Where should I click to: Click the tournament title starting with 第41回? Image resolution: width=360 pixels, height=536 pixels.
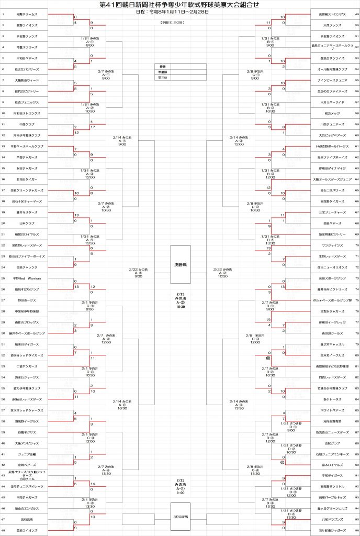(179, 4)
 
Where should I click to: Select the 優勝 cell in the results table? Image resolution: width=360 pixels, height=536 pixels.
(162, 66)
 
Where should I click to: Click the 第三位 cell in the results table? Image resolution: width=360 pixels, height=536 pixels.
(162, 77)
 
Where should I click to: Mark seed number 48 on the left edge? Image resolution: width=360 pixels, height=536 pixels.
(3, 531)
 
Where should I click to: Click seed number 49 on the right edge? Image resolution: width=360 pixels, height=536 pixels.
(356, 14)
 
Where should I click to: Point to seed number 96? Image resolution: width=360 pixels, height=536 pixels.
(356, 531)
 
